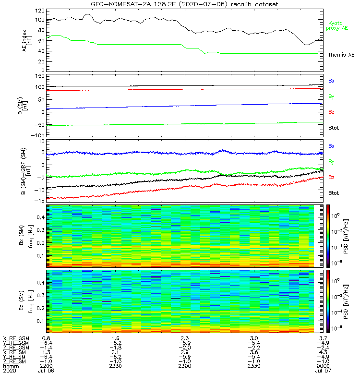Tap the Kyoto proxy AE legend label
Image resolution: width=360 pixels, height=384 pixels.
tap(337, 25)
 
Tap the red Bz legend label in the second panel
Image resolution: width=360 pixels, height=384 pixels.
tap(331, 112)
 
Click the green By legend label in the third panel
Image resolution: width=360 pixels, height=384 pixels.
tap(331, 162)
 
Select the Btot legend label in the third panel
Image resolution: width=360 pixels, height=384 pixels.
tap(333, 193)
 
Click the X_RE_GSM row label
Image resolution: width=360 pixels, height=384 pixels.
tap(16, 339)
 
